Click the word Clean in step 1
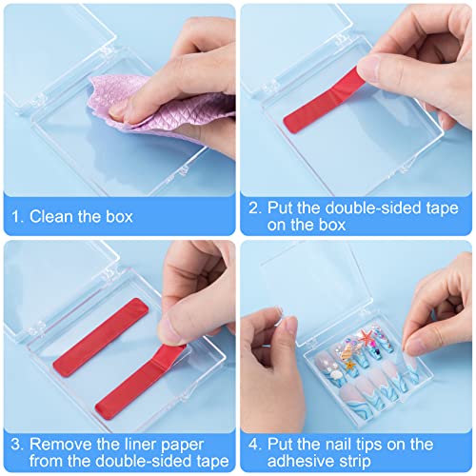[x=51, y=217]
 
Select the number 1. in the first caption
[x=17, y=217]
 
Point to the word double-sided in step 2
[x=372, y=208]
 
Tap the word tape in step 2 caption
[x=442, y=209]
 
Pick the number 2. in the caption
[x=255, y=208]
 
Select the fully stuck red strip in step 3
[x=101, y=337]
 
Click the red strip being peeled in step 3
[x=140, y=381]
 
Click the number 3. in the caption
[x=17, y=445]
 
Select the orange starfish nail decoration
[x=349, y=365]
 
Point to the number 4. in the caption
[x=255, y=445]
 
